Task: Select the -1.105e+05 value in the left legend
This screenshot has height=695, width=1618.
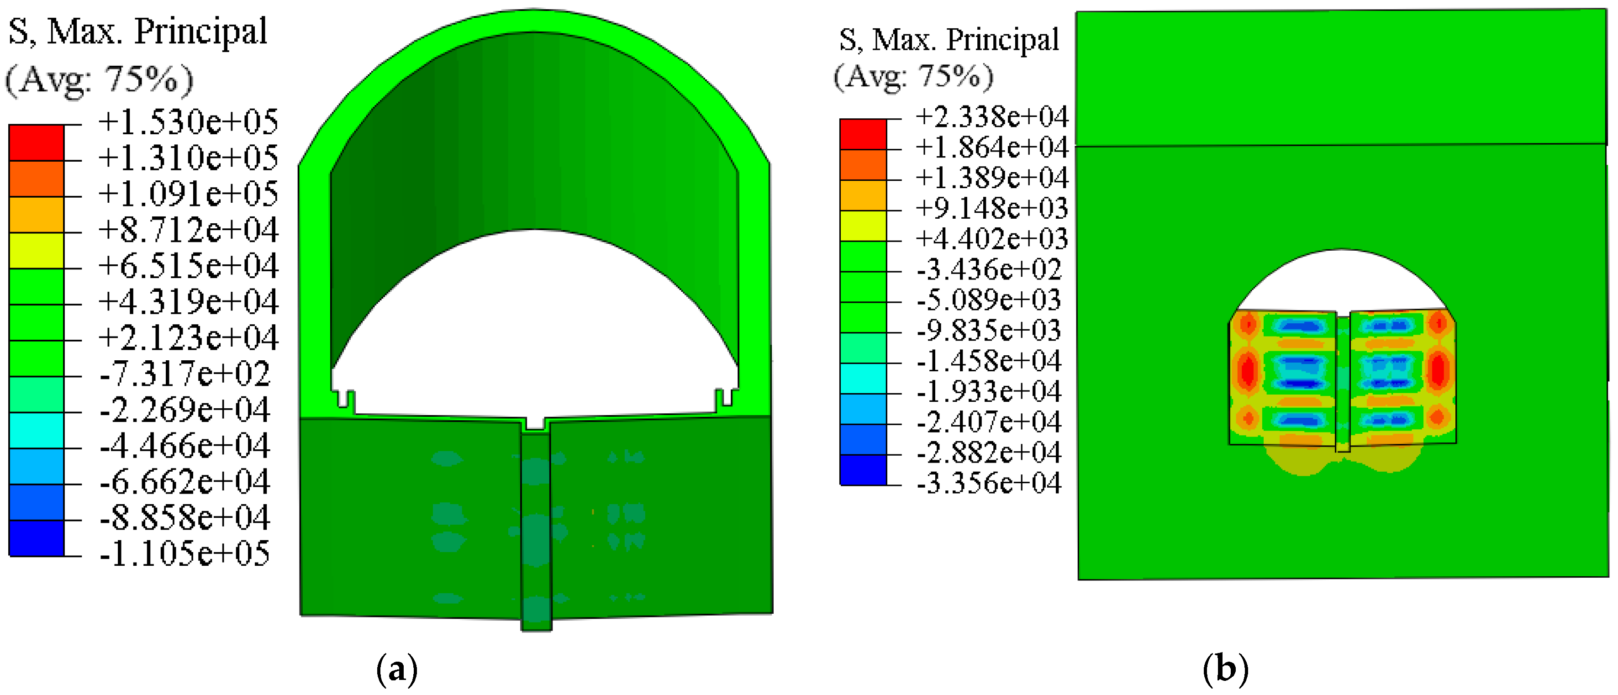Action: pyautogui.click(x=184, y=553)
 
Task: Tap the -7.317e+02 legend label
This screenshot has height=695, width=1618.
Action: pyautogui.click(x=184, y=374)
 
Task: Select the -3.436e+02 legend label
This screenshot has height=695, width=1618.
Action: pyautogui.click(x=989, y=269)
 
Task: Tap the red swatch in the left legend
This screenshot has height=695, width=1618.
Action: pyautogui.click(x=37, y=142)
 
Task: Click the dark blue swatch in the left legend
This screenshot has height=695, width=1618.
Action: pyautogui.click(x=37, y=538)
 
